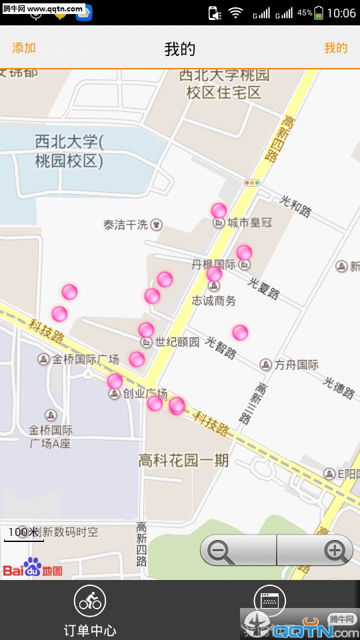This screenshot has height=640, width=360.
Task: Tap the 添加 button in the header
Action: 24,48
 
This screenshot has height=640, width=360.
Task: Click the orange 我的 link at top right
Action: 335,48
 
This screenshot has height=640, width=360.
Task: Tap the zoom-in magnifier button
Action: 335,551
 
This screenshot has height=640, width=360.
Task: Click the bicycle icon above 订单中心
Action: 90,602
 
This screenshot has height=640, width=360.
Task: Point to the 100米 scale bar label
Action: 23,532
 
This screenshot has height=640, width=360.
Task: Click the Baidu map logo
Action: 33,568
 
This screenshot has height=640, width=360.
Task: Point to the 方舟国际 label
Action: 296,365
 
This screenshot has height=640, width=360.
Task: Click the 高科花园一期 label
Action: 183,460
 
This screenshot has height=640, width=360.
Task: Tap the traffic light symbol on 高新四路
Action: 252,182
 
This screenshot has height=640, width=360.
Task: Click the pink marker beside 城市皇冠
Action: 219,211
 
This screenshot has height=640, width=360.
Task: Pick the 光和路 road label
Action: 295,206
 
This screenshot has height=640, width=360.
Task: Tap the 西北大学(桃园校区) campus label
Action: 69,151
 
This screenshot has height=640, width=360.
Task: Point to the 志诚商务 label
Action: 213,301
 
